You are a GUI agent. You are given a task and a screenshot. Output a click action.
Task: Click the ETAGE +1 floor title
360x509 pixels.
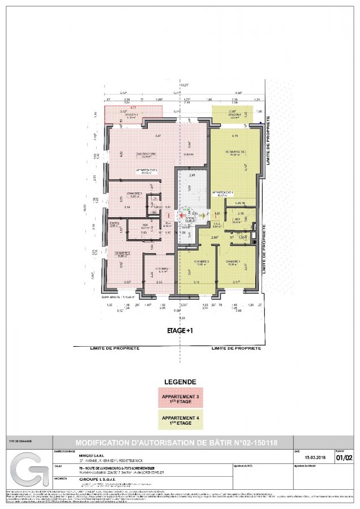tap(179, 331)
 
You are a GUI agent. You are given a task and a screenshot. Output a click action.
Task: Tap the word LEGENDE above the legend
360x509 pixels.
tap(179, 382)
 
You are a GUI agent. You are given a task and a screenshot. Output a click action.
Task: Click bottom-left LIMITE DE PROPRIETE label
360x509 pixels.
tap(114, 348)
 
